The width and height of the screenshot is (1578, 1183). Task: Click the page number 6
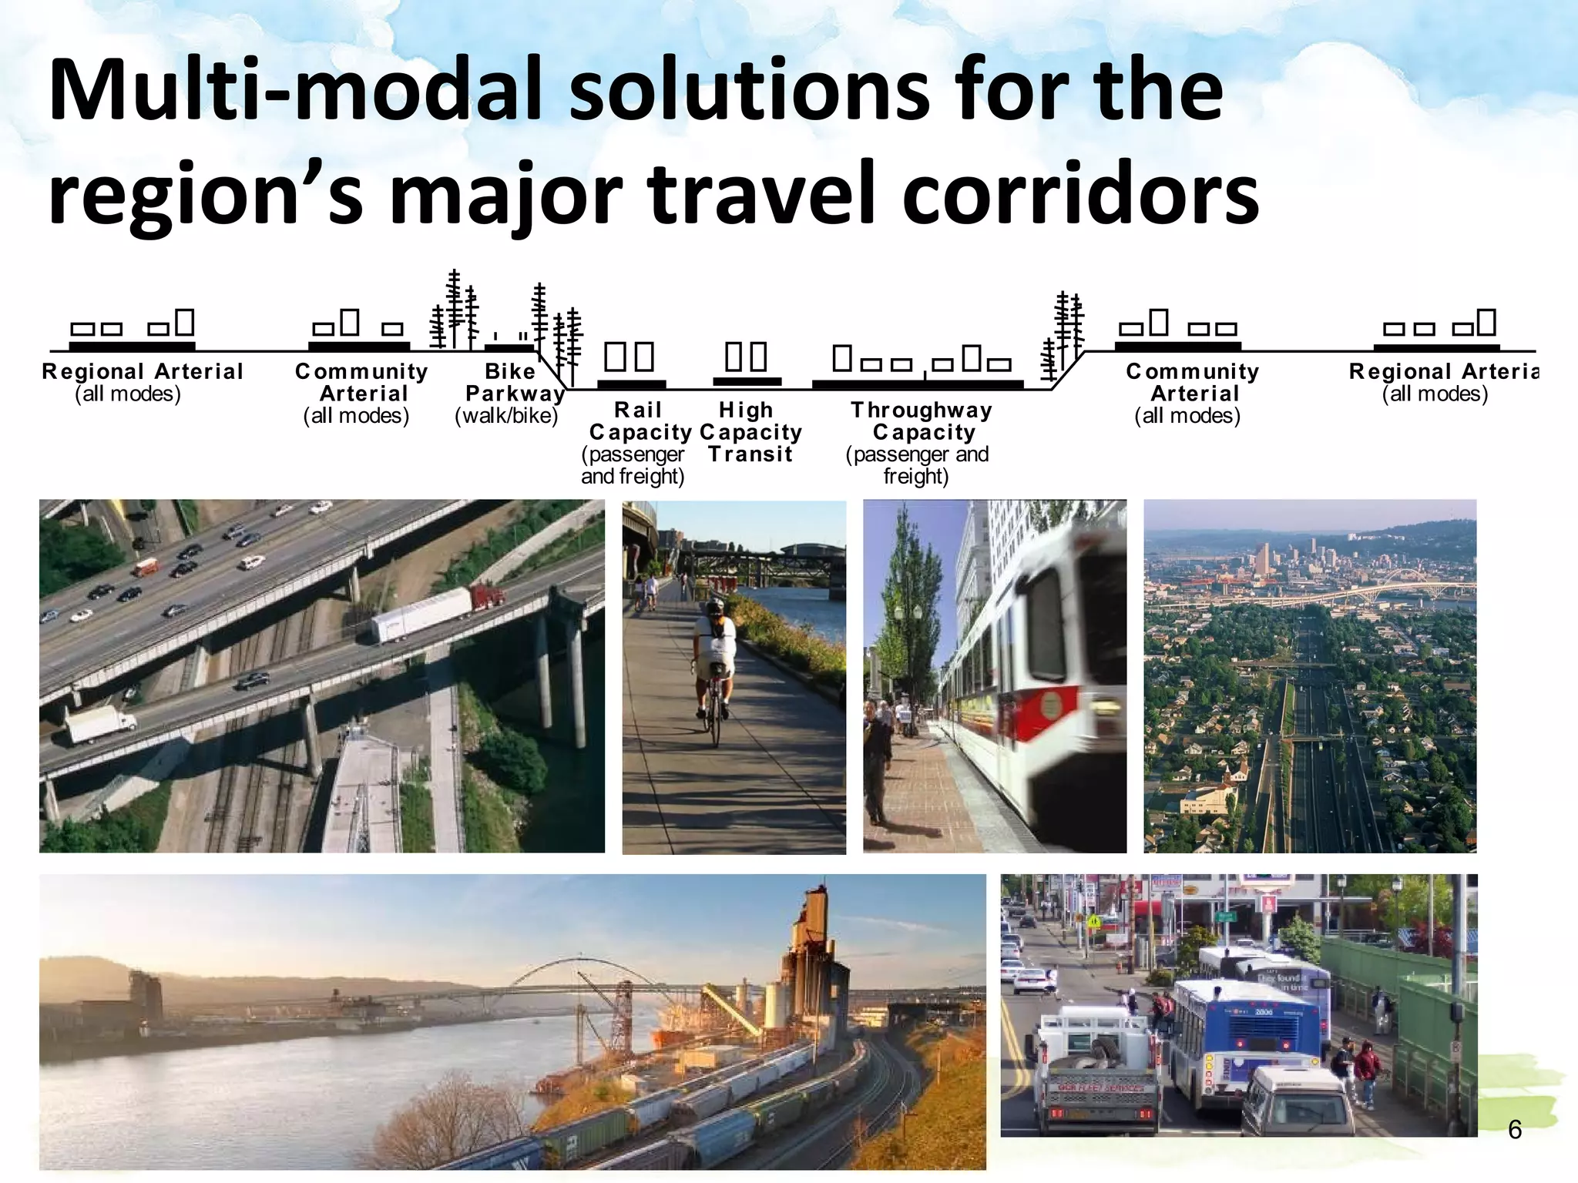click(1514, 1129)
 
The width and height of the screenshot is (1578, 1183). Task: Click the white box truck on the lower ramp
click(99, 724)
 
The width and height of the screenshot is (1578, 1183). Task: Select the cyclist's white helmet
click(715, 606)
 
